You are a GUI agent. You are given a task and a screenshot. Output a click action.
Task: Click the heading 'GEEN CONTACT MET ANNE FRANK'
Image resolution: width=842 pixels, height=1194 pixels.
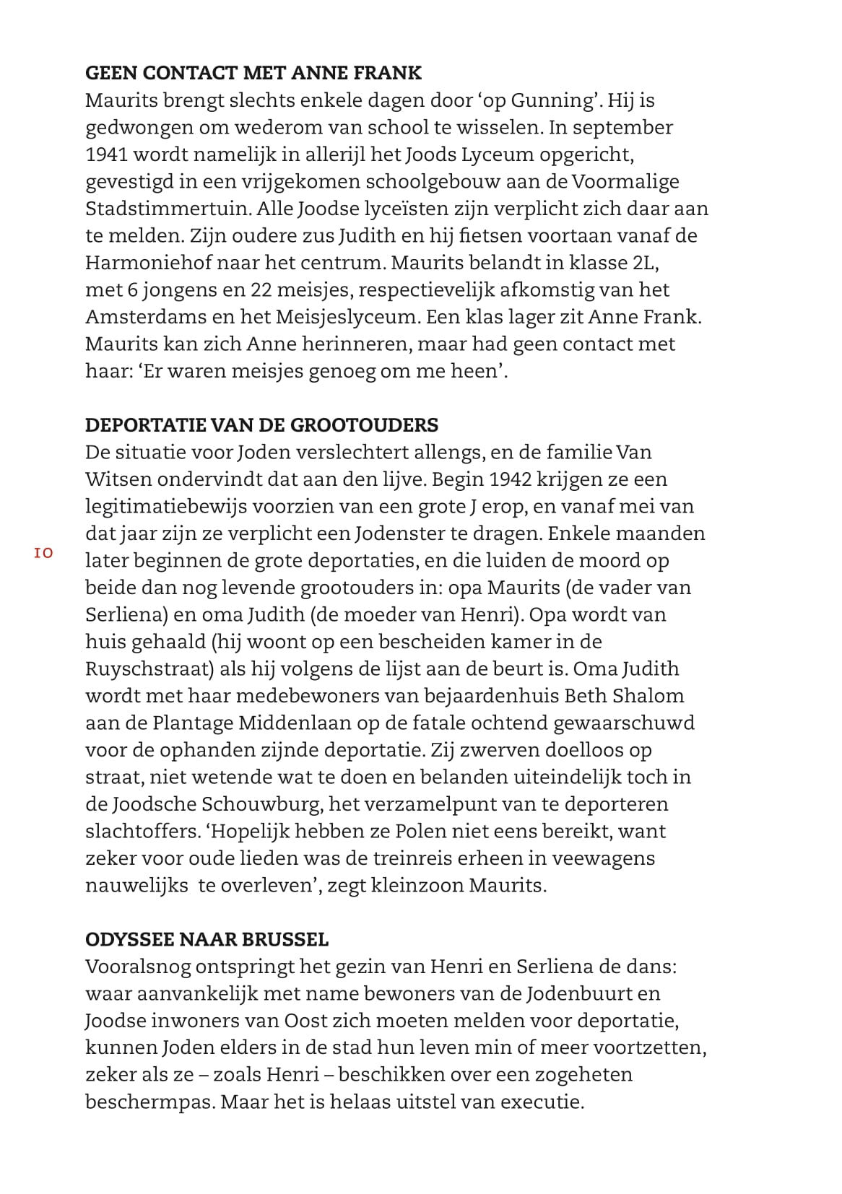click(253, 73)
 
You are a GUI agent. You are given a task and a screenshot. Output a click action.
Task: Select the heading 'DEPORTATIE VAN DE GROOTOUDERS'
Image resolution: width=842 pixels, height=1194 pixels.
click(261, 424)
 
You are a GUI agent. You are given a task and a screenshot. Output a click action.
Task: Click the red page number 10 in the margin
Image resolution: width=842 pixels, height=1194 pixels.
click(43, 553)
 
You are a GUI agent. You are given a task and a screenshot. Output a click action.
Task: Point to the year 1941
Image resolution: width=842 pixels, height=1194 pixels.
click(106, 154)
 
